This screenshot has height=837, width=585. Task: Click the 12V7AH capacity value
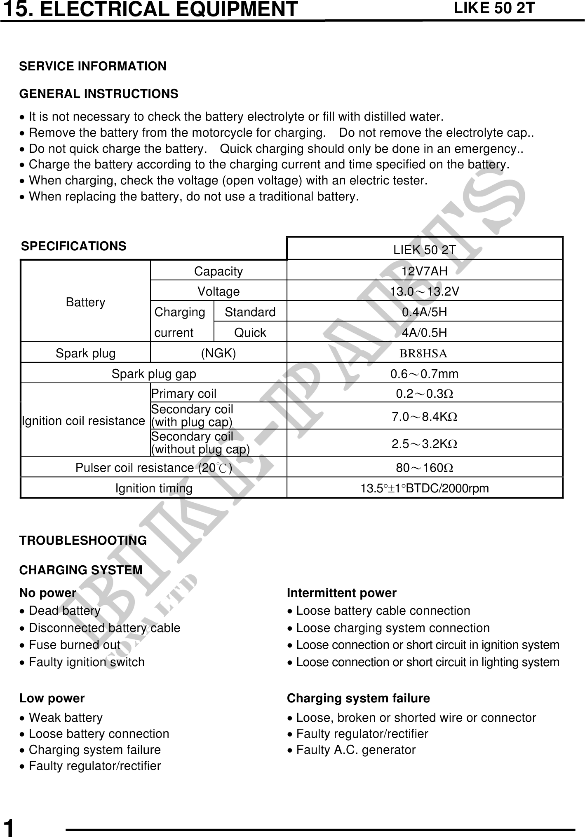(x=424, y=271)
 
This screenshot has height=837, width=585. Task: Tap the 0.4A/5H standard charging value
(x=424, y=312)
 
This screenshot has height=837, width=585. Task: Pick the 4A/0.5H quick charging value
(x=424, y=333)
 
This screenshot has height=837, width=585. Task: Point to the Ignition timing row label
(x=154, y=488)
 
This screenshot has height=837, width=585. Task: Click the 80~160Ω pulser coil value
(x=424, y=468)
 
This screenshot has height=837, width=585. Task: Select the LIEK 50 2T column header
(x=424, y=249)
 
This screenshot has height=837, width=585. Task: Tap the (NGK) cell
(x=218, y=353)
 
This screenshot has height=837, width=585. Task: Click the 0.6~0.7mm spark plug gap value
(x=424, y=374)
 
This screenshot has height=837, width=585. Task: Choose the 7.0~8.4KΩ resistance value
(x=424, y=417)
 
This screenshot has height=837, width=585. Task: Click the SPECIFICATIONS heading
(x=74, y=246)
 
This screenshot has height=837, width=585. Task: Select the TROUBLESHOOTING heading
(x=83, y=541)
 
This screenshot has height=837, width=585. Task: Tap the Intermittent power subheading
(x=341, y=593)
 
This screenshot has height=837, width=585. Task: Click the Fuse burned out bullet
(x=75, y=645)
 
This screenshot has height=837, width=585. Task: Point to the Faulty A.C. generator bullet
(x=356, y=750)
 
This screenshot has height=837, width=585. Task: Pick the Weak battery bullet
(x=66, y=718)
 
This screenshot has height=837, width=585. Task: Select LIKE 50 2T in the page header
(x=494, y=8)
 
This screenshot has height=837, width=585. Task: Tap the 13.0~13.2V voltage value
(x=424, y=291)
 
